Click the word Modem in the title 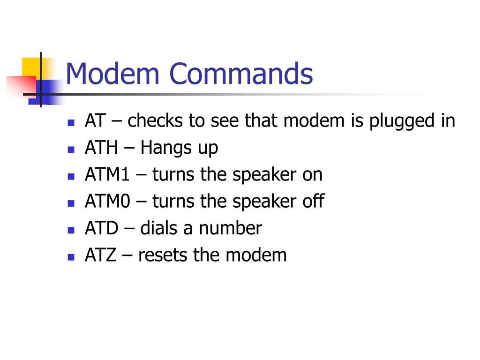click(x=113, y=74)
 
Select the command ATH click(x=102, y=148)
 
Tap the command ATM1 click(x=108, y=175)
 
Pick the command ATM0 click(x=108, y=202)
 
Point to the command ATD click(x=101, y=229)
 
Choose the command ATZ click(x=100, y=255)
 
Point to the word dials click(x=159, y=229)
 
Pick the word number click(x=230, y=229)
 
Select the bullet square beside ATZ click(x=71, y=257)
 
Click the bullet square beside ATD click(x=71, y=230)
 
